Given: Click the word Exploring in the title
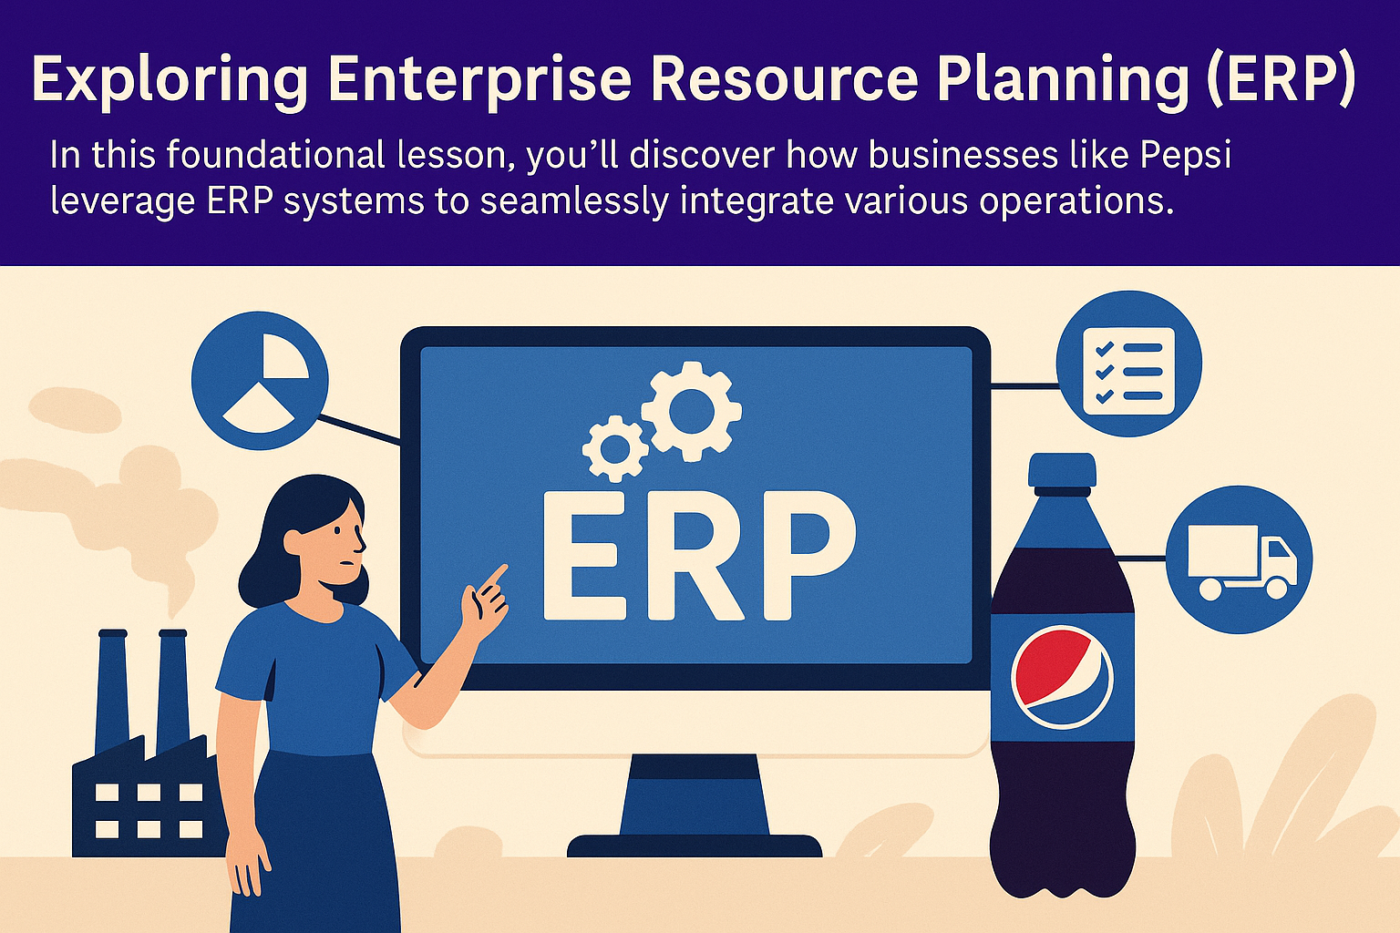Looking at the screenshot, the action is tap(170, 80).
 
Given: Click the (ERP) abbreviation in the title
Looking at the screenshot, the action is tap(1280, 79).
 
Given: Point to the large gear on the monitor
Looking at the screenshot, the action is tap(691, 411).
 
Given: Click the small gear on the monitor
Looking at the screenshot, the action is tap(615, 448).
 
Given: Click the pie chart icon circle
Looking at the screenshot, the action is tap(260, 381).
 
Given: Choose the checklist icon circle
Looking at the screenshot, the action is tap(1128, 364).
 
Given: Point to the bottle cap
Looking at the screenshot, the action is tap(1062, 470).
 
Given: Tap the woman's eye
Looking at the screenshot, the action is tap(337, 530).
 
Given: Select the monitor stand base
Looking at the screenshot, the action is tap(695, 846).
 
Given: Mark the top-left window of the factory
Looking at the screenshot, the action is tap(107, 793).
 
